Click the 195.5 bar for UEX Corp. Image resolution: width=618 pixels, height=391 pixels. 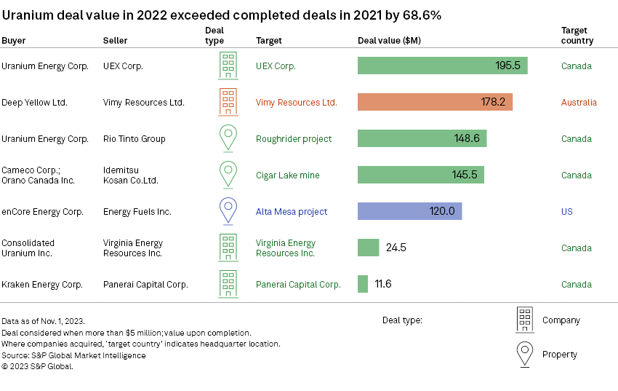pos(442,66)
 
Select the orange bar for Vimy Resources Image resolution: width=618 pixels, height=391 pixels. pos(435,102)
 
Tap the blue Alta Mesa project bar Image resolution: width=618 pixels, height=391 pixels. pos(409,211)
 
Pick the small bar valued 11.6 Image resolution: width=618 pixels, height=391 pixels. pos(362,284)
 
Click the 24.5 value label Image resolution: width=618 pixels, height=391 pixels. pos(396,248)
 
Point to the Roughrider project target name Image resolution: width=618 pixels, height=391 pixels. pos(293,139)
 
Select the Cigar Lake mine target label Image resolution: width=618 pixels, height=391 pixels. pos(287,175)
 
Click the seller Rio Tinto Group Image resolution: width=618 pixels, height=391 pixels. pos(135,139)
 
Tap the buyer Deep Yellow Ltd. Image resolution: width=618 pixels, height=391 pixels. pos(34,103)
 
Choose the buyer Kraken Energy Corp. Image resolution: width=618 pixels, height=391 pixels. pos(42,285)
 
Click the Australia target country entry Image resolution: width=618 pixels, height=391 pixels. pos(579,103)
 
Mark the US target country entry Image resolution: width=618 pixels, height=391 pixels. pos(567,212)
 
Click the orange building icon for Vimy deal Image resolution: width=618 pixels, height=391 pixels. pos(228,102)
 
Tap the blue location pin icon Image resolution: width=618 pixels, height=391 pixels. pos(228,210)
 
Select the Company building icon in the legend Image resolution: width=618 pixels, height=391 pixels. pos(524,320)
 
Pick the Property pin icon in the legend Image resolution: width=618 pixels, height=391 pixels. pos(524,354)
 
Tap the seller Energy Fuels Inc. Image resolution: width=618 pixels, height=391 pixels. pos(137,212)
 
